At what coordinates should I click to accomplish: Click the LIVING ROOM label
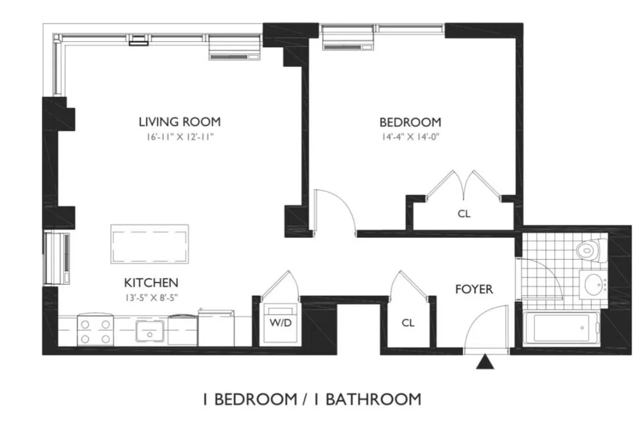[x=179, y=121]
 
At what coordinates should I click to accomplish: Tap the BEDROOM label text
[x=410, y=122]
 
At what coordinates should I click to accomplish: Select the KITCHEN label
[x=151, y=283]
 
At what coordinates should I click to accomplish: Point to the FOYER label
[x=474, y=290]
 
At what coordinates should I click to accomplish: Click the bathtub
[x=558, y=328]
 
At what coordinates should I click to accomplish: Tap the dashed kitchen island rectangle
[x=149, y=244]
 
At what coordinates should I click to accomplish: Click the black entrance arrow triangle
[x=484, y=363]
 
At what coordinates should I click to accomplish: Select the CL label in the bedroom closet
[x=464, y=215]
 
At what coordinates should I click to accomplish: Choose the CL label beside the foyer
[x=408, y=323]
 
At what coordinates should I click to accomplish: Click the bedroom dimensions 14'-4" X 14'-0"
[x=410, y=137]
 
